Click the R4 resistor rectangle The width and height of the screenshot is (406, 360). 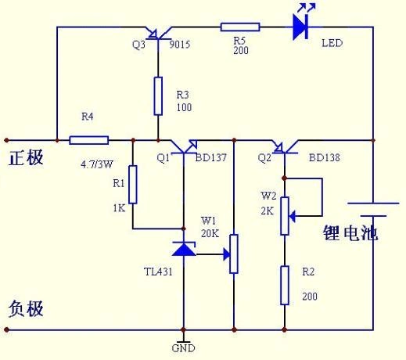[x=88, y=140]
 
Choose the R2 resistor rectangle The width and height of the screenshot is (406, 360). [x=284, y=284]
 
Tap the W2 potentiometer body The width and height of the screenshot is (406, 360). [x=284, y=214]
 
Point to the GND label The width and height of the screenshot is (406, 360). [x=183, y=347]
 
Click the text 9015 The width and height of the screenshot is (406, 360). [x=180, y=45]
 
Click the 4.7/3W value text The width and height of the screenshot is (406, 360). [x=98, y=165]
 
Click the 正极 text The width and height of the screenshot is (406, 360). [x=26, y=157]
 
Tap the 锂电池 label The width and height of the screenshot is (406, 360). [x=350, y=232]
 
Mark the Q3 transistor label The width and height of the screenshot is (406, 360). [x=138, y=45]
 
